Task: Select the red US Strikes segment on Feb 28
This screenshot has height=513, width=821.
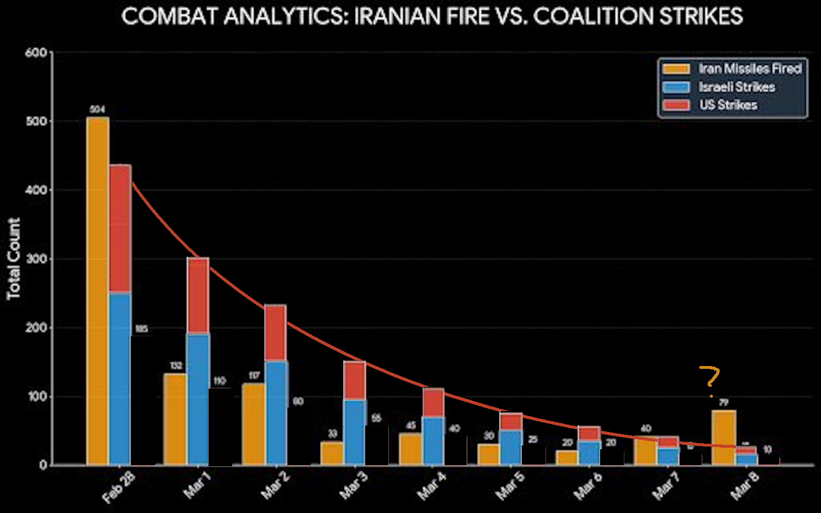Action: tap(120, 228)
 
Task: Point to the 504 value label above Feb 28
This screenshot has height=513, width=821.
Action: tap(97, 109)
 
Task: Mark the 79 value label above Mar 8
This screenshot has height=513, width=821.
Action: tap(724, 402)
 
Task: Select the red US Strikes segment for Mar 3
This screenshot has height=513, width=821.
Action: tap(354, 380)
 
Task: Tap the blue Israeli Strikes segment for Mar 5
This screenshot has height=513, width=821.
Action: tap(511, 447)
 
